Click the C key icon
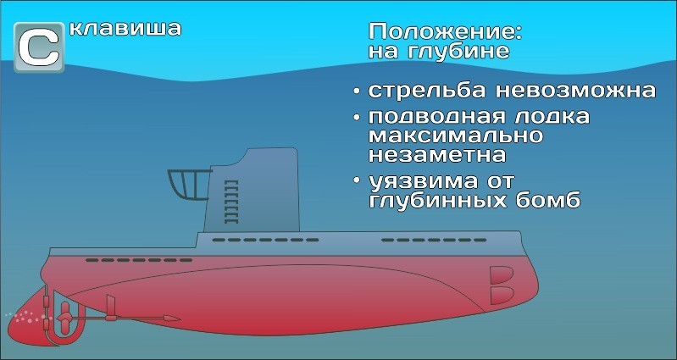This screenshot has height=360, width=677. point(39,47)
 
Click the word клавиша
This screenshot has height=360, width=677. point(125,29)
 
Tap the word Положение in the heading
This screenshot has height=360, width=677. point(445,33)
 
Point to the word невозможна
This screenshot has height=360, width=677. point(576,91)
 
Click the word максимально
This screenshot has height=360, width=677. point(456,136)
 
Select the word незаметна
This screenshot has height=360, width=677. point(437,155)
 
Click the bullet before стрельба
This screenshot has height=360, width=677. point(356,91)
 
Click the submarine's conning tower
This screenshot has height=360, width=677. point(252,191)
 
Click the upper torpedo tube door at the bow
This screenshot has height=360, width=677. point(502,275)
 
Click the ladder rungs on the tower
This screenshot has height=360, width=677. point(231,202)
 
